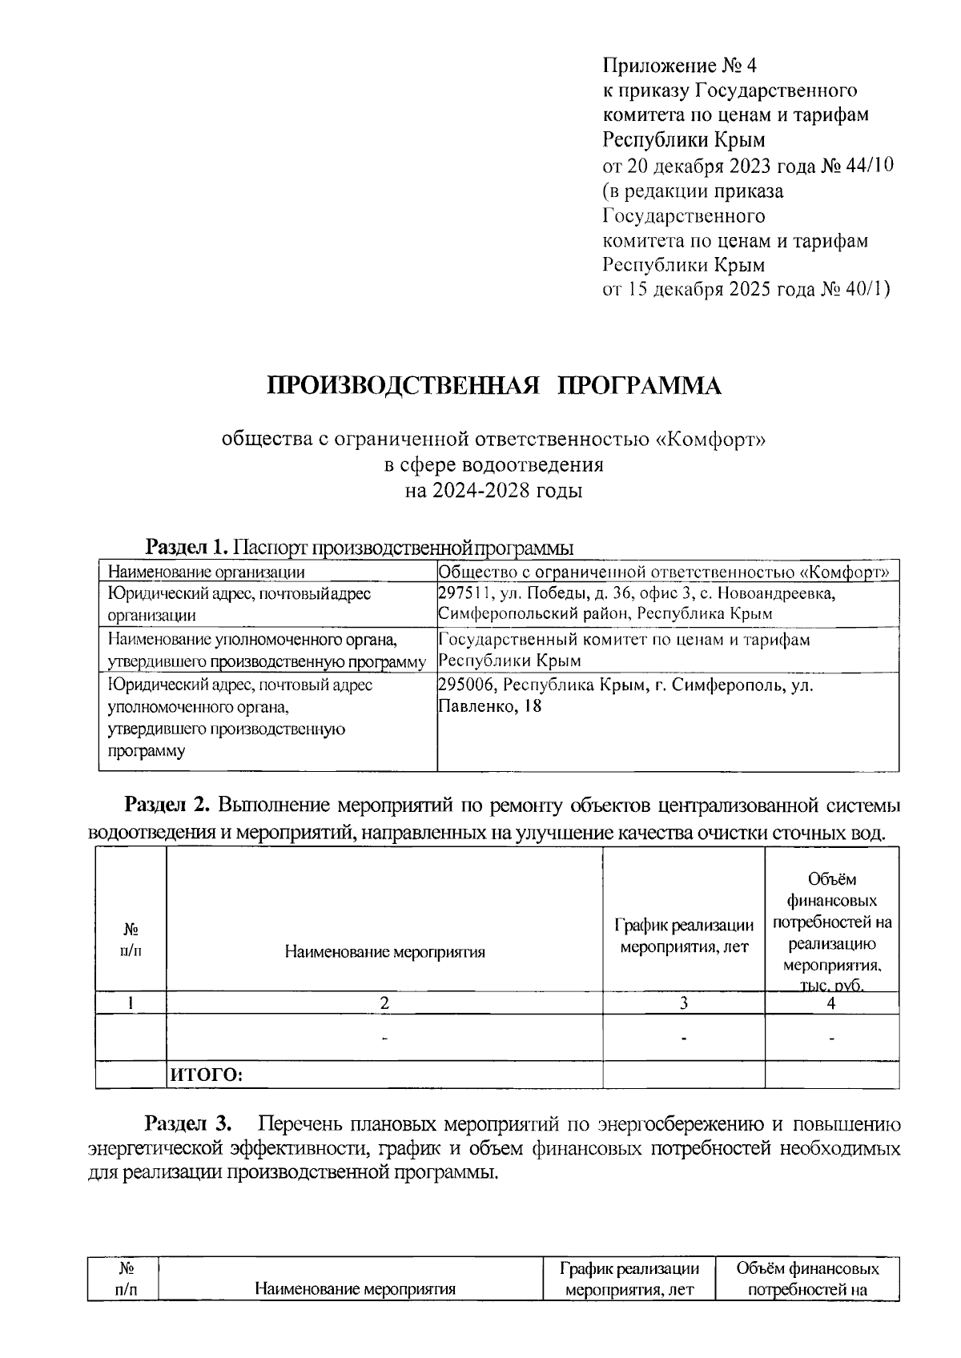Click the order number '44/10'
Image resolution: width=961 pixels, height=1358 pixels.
[x=868, y=166]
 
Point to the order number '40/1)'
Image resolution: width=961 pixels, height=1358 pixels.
[x=866, y=289]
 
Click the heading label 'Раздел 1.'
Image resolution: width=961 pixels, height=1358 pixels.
[x=187, y=548]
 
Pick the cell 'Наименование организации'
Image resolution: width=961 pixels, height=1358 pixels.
[x=207, y=572]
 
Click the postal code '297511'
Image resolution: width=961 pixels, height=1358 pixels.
[x=464, y=593]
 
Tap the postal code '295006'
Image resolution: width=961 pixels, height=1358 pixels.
[x=466, y=685]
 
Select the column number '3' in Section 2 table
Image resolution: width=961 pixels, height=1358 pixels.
[x=683, y=1003]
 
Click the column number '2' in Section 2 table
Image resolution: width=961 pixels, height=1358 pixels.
[x=384, y=1003]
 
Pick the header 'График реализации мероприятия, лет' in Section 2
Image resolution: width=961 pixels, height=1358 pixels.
[x=684, y=936]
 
